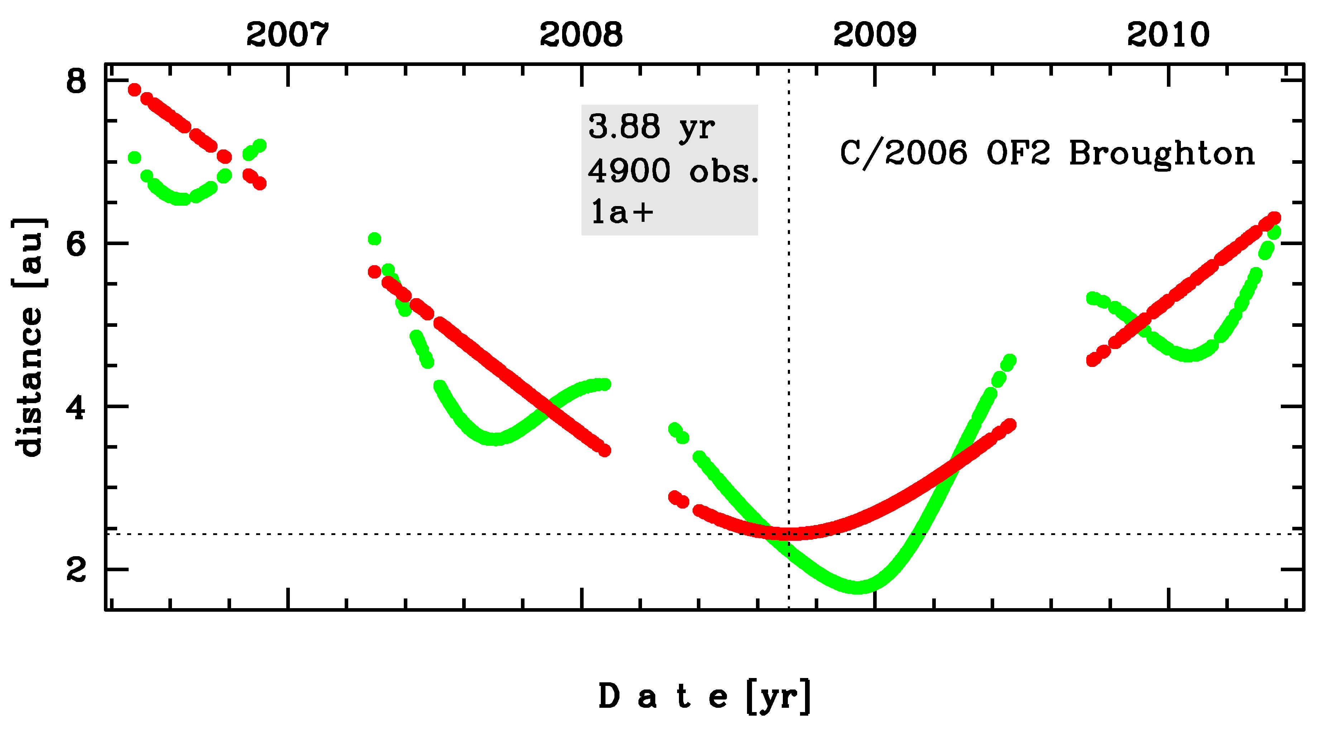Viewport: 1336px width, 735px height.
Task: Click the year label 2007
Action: point(287,35)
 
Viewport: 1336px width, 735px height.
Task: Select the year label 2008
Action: point(581,35)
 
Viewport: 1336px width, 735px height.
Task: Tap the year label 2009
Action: point(875,35)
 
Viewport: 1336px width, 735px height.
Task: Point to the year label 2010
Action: point(1168,35)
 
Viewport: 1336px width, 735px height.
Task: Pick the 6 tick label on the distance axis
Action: point(76,243)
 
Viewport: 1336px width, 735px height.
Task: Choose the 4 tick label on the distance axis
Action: point(76,407)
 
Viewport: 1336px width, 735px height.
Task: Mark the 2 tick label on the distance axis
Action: point(76,570)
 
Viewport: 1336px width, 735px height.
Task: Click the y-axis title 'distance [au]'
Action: point(29,337)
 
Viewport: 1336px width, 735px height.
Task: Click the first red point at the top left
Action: point(135,90)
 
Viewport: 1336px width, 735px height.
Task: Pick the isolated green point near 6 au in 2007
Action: point(374,239)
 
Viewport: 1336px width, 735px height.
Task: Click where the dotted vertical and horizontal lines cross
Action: point(789,534)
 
